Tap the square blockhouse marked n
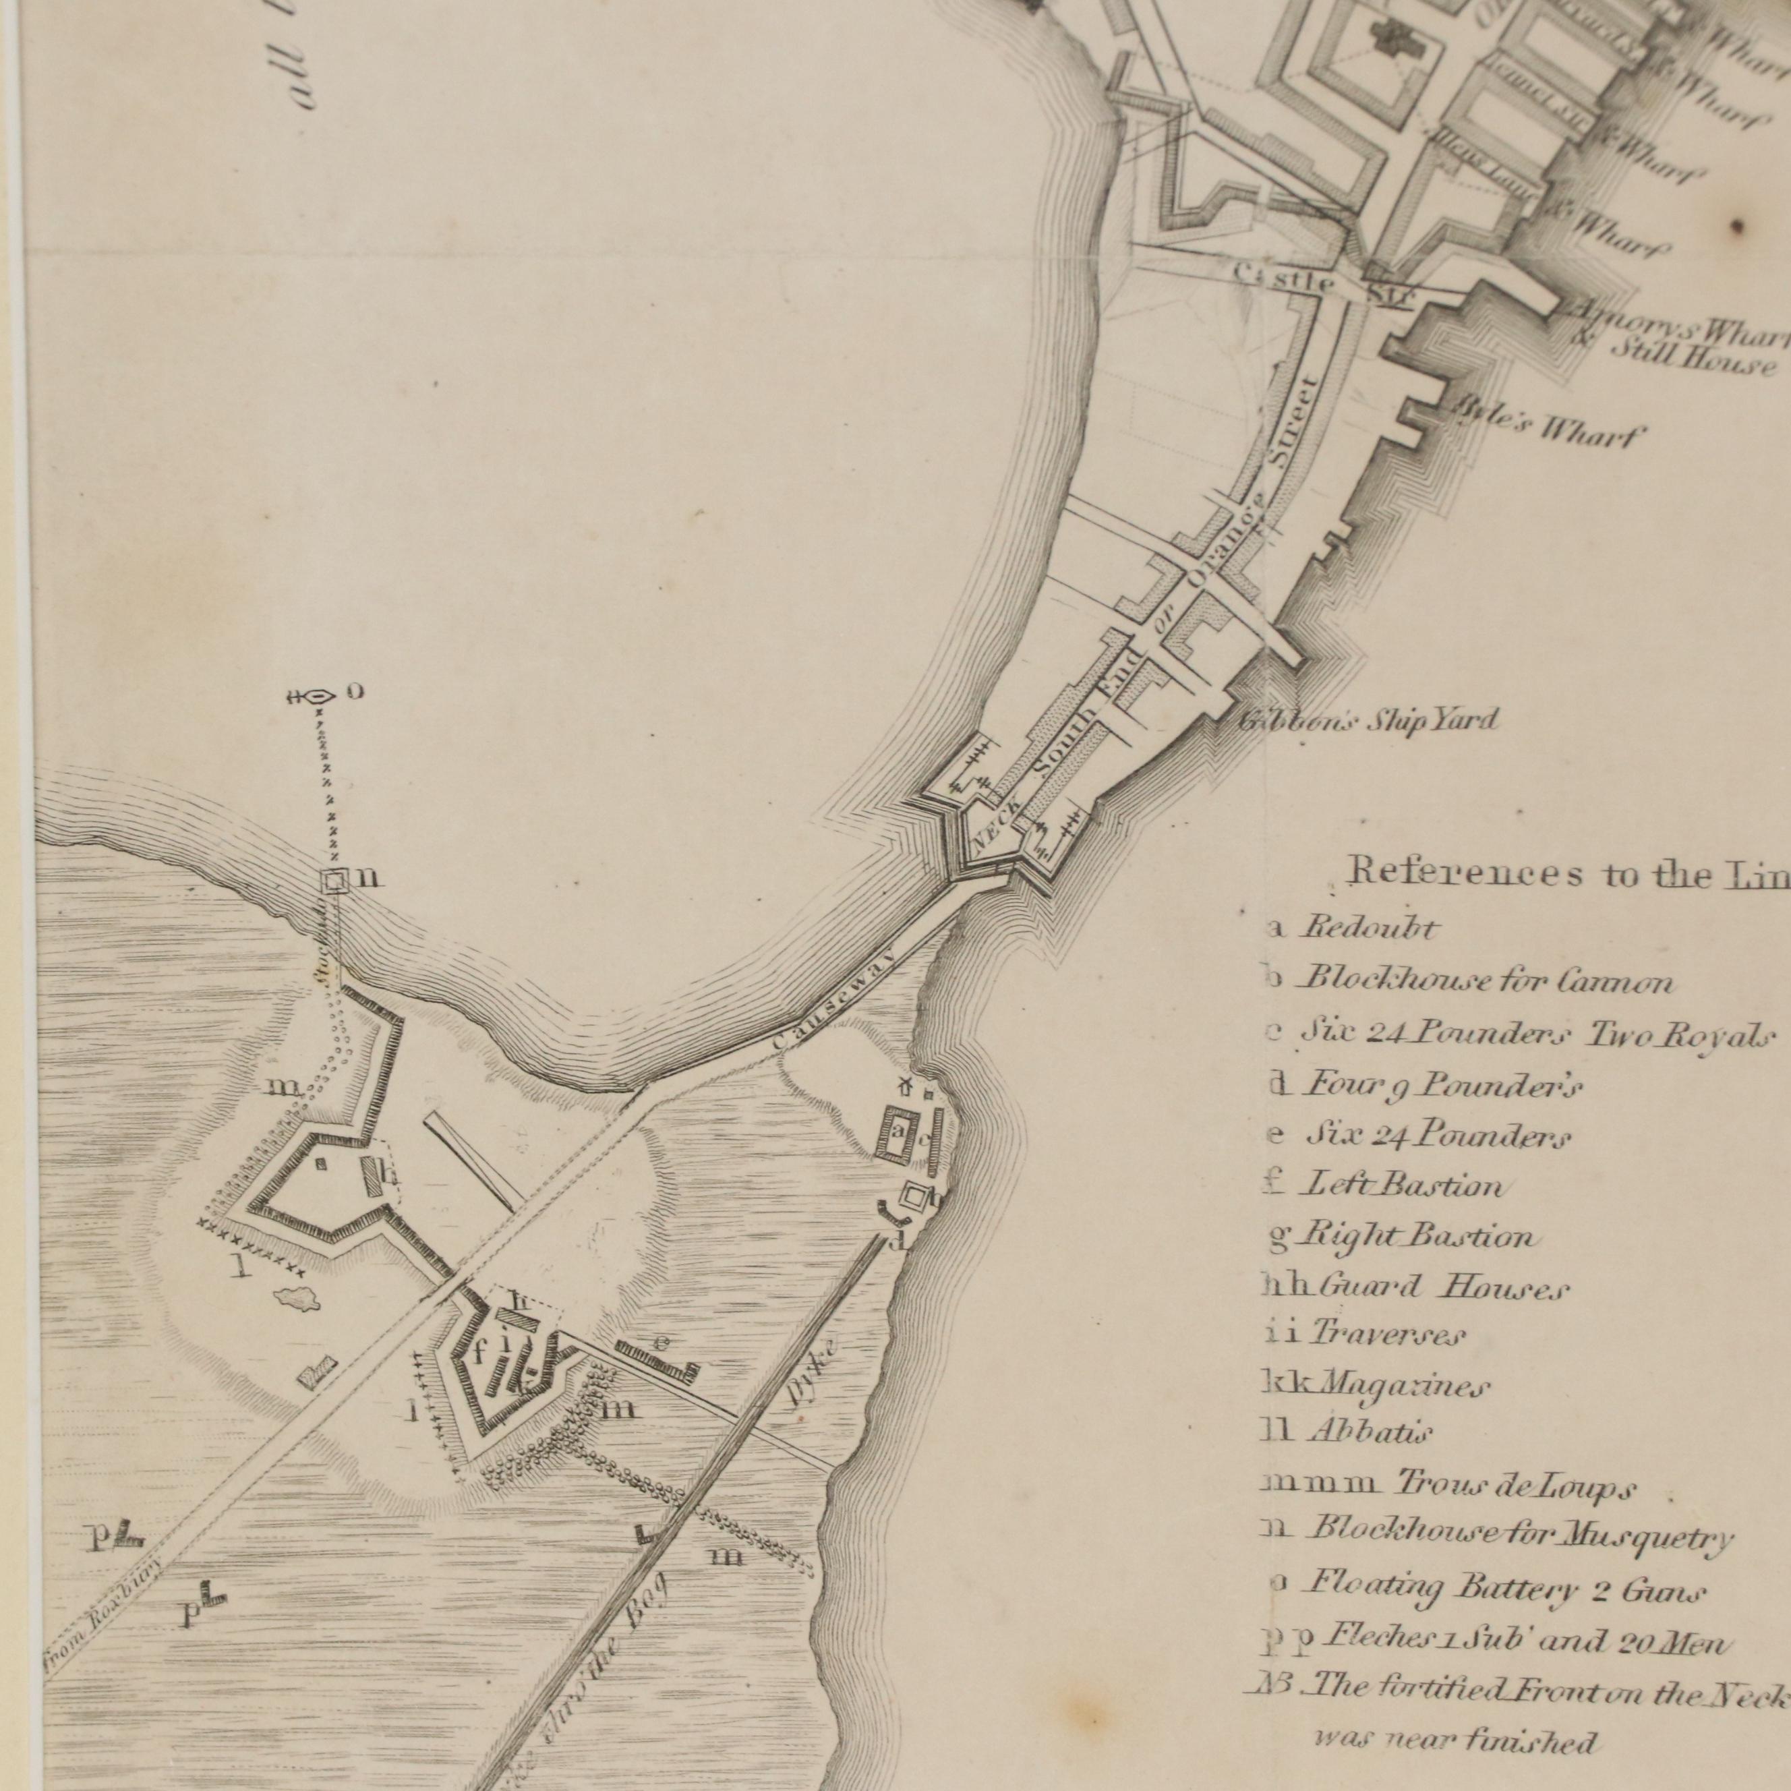click(333, 880)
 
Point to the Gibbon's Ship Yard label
click(1368, 720)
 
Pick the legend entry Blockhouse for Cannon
click(1484, 980)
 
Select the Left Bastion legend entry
click(1402, 1185)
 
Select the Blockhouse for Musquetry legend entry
click(1517, 1539)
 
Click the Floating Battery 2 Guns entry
click(1502, 1591)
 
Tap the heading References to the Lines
click(1566, 873)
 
